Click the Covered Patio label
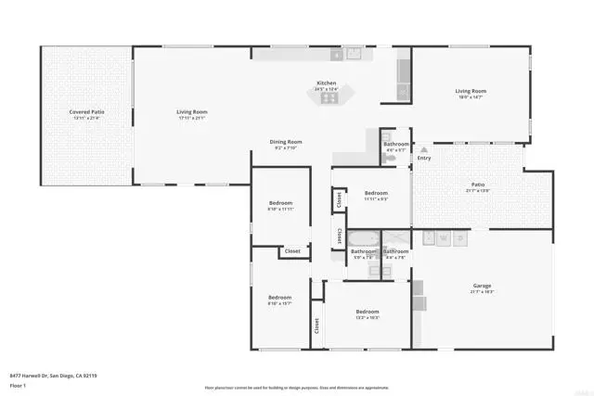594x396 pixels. pos(86,112)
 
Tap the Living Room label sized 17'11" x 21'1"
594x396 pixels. pos(192,112)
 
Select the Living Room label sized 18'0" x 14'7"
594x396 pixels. pos(471,91)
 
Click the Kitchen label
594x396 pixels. pos(327,83)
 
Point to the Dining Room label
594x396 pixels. pos(286,142)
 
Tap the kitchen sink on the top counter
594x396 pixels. pos(354,54)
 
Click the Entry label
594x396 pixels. pos(424,158)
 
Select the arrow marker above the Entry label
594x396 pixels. pos(424,148)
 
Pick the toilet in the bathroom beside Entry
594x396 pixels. pos(394,160)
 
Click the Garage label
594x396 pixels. pos(482,286)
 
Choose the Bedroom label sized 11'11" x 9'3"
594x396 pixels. pos(375,193)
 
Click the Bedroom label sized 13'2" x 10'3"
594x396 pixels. pos(367,312)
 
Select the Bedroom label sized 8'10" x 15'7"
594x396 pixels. pos(280,297)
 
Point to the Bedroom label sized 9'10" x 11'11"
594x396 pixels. pos(280,203)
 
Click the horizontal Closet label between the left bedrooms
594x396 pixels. pos(292,251)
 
